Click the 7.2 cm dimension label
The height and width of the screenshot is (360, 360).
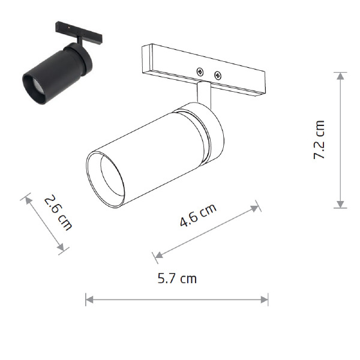[x=319, y=140]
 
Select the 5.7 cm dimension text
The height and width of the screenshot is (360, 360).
[x=177, y=278]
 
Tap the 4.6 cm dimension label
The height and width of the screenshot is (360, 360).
[x=198, y=215]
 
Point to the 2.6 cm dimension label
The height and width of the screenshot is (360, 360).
[x=58, y=212]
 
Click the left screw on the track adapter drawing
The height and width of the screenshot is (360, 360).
[x=200, y=72]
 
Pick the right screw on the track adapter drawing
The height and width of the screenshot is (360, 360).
[x=218, y=76]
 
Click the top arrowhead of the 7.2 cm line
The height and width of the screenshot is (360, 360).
[x=340, y=76]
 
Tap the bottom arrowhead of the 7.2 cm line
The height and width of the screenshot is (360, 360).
[x=340, y=204]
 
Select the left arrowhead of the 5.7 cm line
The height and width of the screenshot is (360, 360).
[x=89, y=299]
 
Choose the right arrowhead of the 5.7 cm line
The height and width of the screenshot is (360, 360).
[x=265, y=299]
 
